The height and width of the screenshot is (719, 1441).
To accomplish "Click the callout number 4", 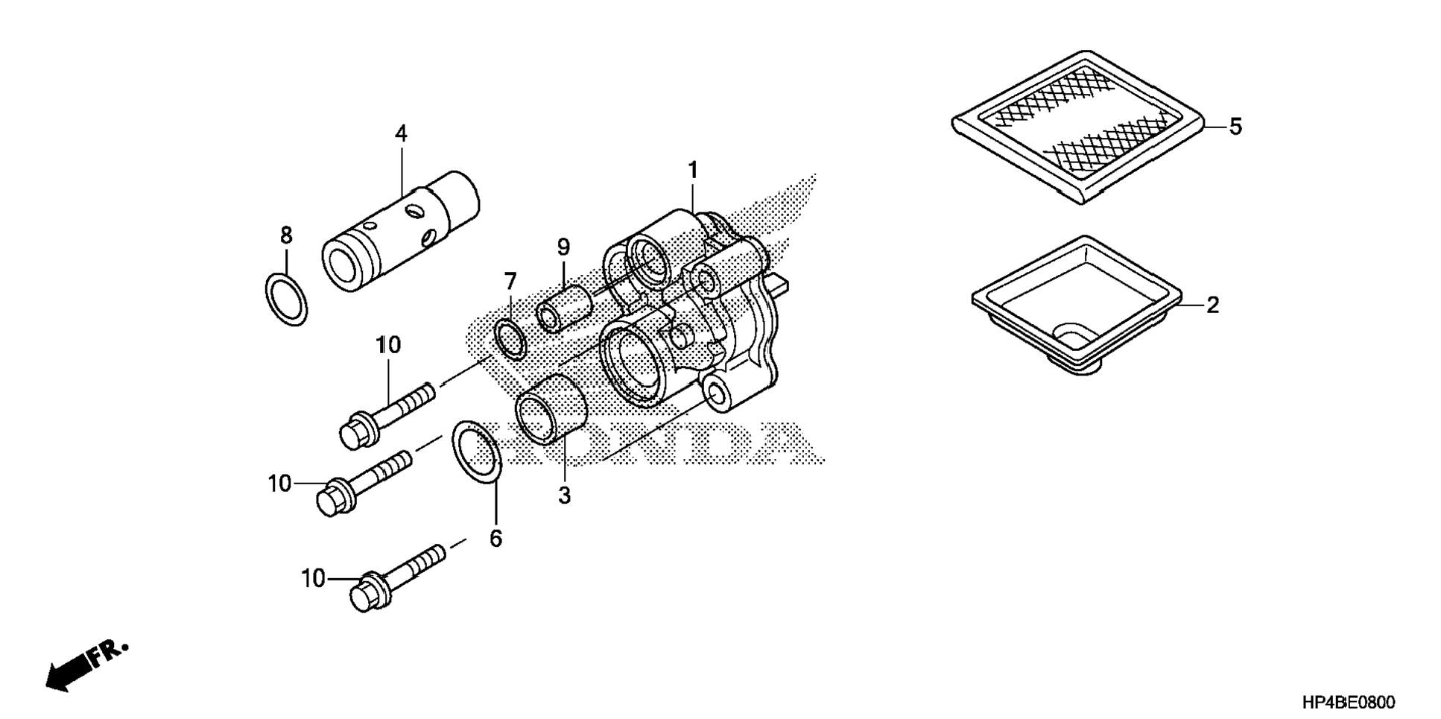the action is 401,134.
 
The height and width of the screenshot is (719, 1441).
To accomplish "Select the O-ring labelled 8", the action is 286,300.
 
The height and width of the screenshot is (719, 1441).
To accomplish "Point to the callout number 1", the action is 692,171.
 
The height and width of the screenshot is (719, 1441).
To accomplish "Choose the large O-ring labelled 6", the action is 476,451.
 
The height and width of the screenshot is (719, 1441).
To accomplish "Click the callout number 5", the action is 1235,127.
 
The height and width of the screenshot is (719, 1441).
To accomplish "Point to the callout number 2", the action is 1212,305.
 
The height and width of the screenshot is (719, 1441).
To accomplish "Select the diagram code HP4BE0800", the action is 1349,702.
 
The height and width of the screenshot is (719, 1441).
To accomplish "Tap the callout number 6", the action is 495,538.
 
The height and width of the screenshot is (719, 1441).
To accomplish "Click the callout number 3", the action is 564,495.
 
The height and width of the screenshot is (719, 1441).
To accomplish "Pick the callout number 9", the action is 563,247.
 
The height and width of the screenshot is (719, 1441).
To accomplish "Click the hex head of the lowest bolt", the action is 364,593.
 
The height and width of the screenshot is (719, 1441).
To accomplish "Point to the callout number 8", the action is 286,235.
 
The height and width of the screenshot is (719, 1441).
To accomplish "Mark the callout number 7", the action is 510,282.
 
